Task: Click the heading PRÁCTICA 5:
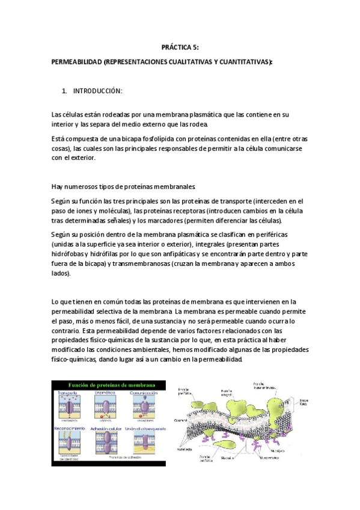[x=180, y=46]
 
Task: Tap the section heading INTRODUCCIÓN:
[x=97, y=91]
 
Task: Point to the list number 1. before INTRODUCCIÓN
[x=64, y=91]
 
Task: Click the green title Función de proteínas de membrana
[x=108, y=385]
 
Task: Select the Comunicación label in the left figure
[x=142, y=393]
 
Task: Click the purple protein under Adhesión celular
[x=106, y=444]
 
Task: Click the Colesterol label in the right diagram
[x=181, y=421]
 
